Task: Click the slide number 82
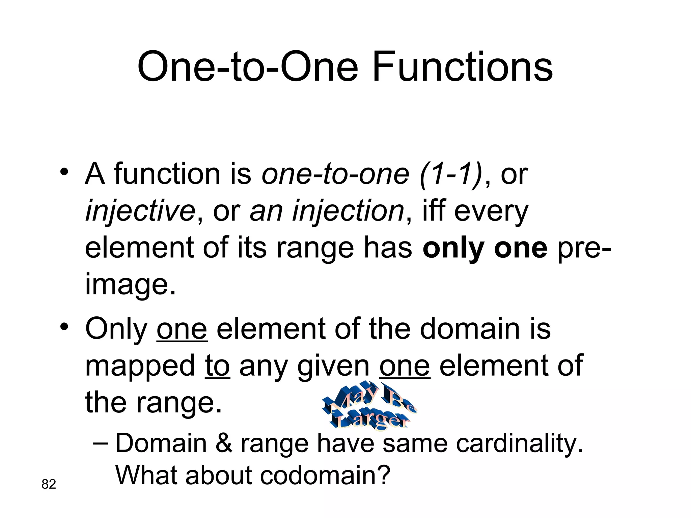pyautogui.click(x=49, y=484)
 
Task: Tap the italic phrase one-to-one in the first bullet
pyautogui.click(x=335, y=174)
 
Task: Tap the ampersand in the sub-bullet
pyautogui.click(x=223, y=443)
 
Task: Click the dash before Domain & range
pyautogui.click(x=100, y=443)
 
